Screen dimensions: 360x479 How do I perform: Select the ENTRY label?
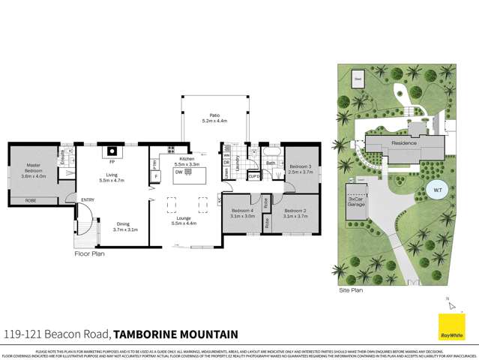(x=88, y=199)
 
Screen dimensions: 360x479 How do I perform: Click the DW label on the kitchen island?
(x=178, y=172)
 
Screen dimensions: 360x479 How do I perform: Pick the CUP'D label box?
(x=253, y=177)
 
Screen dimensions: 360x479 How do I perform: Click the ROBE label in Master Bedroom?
(x=31, y=200)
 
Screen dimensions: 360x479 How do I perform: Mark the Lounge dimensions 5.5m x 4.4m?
(x=184, y=223)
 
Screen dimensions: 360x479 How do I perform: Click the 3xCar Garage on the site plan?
(x=356, y=202)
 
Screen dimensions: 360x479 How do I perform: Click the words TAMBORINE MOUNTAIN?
(x=175, y=334)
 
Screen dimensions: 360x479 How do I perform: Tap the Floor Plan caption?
(x=88, y=253)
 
